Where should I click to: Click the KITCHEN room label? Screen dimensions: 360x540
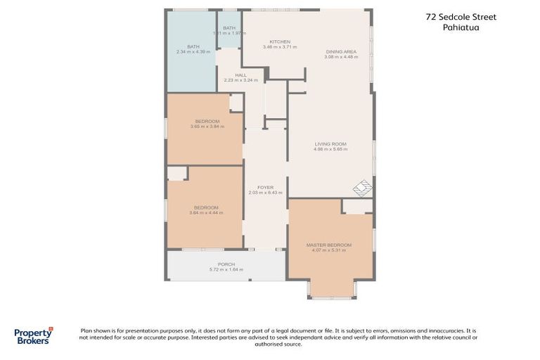280,41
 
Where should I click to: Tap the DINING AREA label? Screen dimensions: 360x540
341,51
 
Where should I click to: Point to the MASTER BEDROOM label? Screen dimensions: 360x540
328,245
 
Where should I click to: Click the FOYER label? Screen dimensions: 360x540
265,187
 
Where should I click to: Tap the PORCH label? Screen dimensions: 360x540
226,264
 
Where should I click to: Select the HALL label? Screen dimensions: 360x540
240,75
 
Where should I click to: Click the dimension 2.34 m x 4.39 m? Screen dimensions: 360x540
193,52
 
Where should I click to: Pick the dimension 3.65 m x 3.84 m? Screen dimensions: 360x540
206,127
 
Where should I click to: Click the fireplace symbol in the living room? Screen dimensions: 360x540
363,188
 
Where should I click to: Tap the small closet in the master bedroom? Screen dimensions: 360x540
357,206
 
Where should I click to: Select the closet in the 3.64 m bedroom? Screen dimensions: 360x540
176,173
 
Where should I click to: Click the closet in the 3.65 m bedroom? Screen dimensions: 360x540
236,103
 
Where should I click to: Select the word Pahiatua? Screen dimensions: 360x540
462,28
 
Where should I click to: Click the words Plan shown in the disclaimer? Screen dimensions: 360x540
97,330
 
